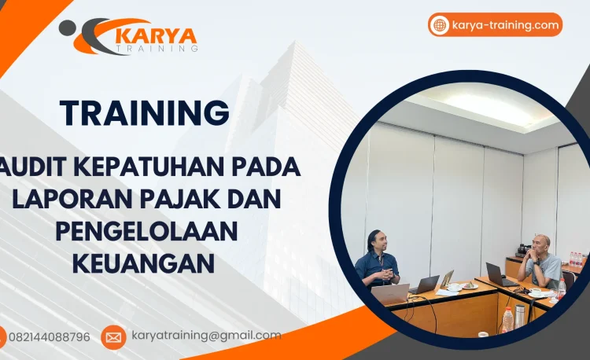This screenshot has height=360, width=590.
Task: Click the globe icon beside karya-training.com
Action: (439, 25)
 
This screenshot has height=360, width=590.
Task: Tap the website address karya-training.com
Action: (505, 25)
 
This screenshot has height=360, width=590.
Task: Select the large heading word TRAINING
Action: (145, 113)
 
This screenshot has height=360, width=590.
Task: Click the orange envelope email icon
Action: (113, 337)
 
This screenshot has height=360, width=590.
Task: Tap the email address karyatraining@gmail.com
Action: (206, 336)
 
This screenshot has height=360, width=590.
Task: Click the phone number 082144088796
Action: (49, 337)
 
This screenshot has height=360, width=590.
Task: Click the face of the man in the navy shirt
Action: (376, 241)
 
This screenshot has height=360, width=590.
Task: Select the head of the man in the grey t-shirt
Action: (540, 244)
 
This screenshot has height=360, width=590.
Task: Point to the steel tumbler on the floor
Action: (520, 314)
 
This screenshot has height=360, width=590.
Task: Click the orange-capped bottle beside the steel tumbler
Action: (507, 319)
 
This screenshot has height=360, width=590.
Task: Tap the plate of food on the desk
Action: (470, 285)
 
